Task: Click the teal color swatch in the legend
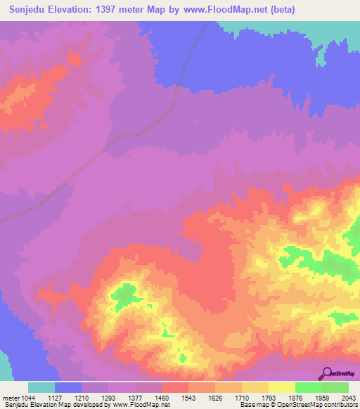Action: (41, 387)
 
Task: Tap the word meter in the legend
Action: (12, 397)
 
